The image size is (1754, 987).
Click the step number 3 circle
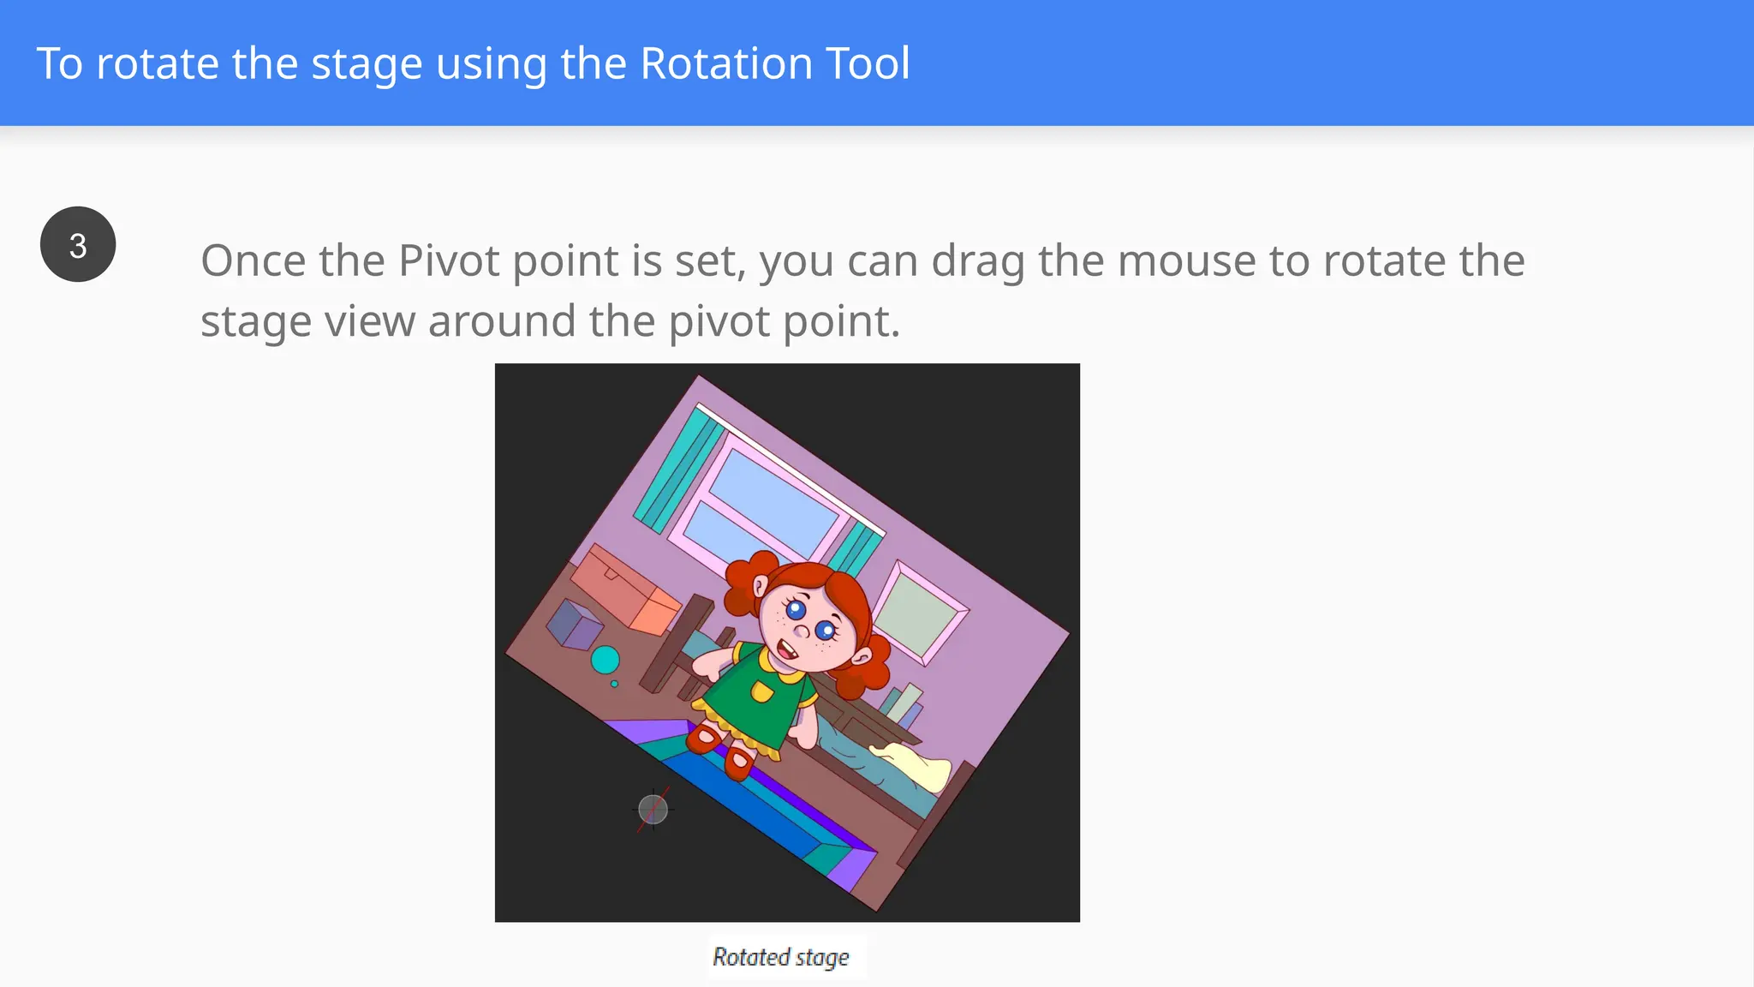(78, 245)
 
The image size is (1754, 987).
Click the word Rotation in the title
(726, 64)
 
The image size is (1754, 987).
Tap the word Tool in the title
(868, 64)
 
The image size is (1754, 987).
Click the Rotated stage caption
(781, 957)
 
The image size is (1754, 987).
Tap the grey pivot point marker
(653, 809)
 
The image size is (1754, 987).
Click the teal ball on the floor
(606, 660)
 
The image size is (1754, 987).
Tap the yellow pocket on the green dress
(761, 691)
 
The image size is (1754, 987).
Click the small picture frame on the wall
(920, 613)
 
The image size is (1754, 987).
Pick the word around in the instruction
(501, 322)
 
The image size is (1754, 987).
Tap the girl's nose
(802, 632)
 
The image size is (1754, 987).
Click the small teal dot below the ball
(614, 684)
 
